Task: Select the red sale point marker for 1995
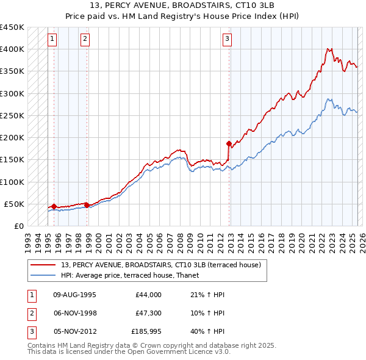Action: click(x=54, y=206)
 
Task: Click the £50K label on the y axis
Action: click(x=16, y=204)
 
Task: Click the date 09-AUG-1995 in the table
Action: click(x=75, y=295)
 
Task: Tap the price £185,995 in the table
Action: click(x=146, y=333)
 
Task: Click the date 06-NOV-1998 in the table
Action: click(x=75, y=313)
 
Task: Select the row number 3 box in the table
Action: click(x=31, y=333)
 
